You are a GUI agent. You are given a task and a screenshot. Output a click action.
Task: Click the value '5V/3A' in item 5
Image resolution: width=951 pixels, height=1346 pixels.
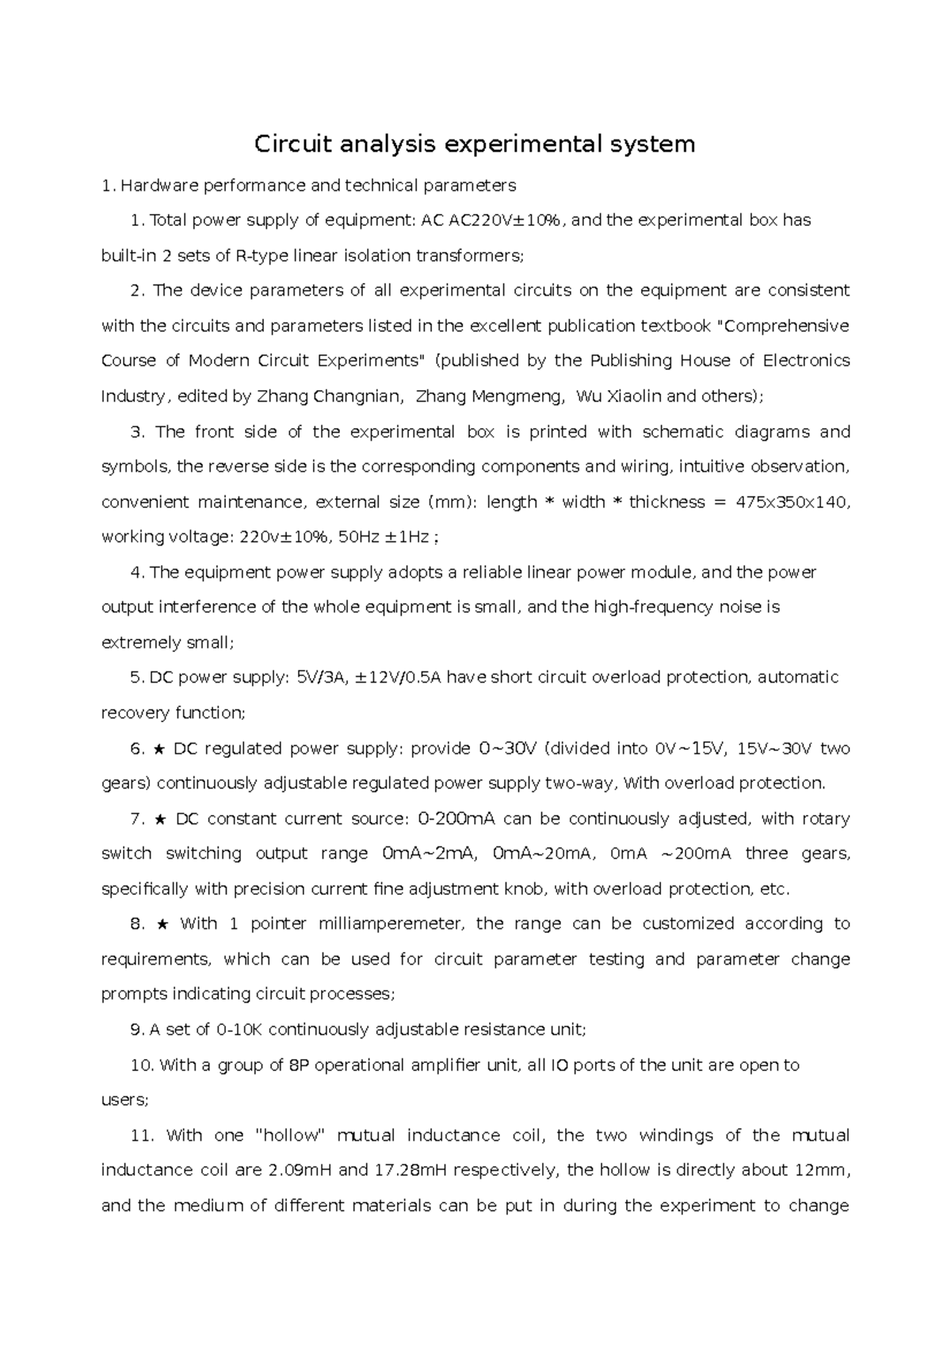(319, 678)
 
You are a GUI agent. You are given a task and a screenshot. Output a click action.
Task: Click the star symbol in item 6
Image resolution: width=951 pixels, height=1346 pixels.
(159, 748)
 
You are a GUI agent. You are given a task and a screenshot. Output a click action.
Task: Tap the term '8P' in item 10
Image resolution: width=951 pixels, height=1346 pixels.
(298, 1065)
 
